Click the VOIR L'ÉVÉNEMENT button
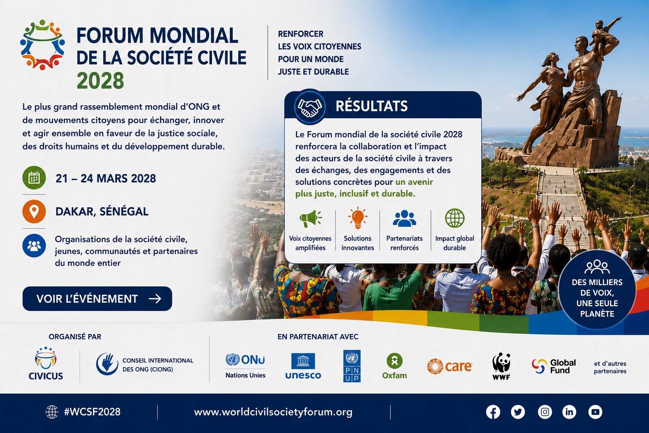click(x=97, y=299)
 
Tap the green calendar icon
click(x=34, y=178)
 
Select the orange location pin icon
click(x=34, y=211)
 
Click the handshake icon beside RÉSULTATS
click(x=310, y=107)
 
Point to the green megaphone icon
click(x=310, y=218)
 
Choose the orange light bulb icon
click(x=358, y=218)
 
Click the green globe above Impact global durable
click(x=455, y=218)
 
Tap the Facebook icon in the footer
click(x=493, y=412)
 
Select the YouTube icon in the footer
click(x=595, y=412)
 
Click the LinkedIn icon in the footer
click(x=569, y=412)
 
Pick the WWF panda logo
click(x=501, y=366)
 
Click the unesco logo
click(x=303, y=366)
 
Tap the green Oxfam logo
click(x=394, y=366)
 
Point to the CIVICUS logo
click(x=46, y=363)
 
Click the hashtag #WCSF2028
click(x=92, y=412)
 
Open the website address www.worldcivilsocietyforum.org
click(x=273, y=412)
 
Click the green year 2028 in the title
click(x=100, y=81)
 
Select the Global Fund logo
click(x=554, y=366)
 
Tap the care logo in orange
click(x=450, y=366)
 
